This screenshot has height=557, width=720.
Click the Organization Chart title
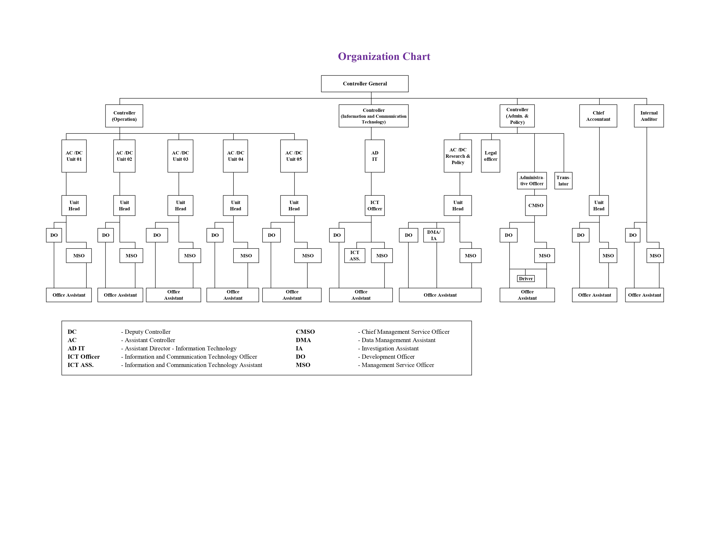pyautogui.click(x=384, y=56)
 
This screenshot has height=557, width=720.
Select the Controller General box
pyautogui.click(x=365, y=83)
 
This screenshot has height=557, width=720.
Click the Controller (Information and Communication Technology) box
pyautogui.click(x=374, y=116)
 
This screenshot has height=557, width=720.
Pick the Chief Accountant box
pyautogui.click(x=598, y=116)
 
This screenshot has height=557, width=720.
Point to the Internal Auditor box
pyautogui.click(x=649, y=116)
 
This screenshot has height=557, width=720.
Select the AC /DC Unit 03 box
pyautogui.click(x=180, y=156)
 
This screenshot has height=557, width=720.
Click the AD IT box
pyautogui.click(x=374, y=156)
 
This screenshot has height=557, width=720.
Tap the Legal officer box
pyautogui.click(x=490, y=156)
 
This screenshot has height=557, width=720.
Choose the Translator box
pyautogui.click(x=563, y=180)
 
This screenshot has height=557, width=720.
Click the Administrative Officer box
pyautogui.click(x=532, y=180)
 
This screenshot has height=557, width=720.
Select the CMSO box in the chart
pyautogui.click(x=536, y=205)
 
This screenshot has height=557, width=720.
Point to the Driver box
pyautogui.click(x=526, y=278)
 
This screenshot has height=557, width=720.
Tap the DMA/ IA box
pyautogui.click(x=434, y=235)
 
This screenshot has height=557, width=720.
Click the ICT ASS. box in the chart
pyautogui.click(x=355, y=255)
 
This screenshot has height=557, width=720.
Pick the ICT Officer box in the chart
pyautogui.click(x=374, y=205)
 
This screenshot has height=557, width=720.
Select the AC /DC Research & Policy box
pyautogui.click(x=458, y=156)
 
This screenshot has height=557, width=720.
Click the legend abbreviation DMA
pyautogui.click(x=303, y=340)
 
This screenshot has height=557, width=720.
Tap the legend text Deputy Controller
pyautogui.click(x=147, y=332)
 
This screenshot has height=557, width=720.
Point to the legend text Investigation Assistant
pyautogui.click(x=390, y=348)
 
